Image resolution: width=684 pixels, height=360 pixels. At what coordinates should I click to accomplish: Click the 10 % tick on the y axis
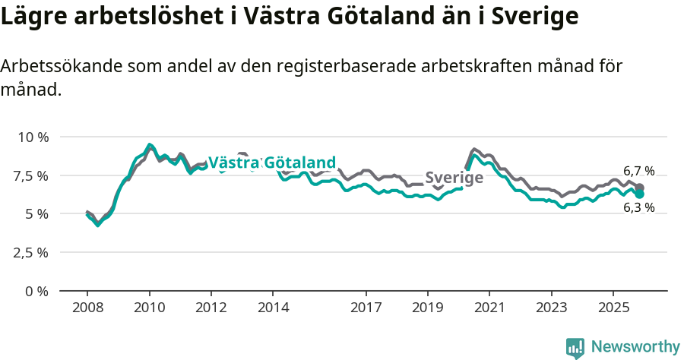tap(32, 137)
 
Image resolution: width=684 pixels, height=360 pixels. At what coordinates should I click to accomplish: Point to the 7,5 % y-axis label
tap(32, 175)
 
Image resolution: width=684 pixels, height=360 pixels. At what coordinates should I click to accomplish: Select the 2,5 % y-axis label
tap(32, 253)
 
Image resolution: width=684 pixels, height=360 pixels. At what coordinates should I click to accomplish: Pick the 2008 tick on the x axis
tap(87, 308)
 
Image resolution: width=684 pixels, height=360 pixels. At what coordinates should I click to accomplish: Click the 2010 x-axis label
tap(149, 308)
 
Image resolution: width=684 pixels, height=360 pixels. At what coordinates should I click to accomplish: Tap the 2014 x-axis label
tap(273, 308)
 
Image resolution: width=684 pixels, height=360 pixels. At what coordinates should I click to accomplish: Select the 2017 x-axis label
tap(366, 308)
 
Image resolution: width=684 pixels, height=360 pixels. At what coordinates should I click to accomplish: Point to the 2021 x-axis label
tap(489, 308)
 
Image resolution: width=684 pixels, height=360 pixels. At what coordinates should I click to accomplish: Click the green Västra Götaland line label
tap(271, 163)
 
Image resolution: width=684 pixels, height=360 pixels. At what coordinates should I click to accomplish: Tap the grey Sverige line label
tap(454, 178)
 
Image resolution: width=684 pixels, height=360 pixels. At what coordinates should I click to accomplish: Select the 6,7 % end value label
tap(638, 171)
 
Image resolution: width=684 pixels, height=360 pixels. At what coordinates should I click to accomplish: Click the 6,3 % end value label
tap(638, 207)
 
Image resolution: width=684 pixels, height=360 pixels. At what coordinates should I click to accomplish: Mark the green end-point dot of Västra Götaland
tap(640, 194)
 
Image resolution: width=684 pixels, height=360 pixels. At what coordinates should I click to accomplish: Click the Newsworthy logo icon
tap(575, 347)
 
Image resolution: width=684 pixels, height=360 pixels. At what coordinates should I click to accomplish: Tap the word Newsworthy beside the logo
tap(635, 347)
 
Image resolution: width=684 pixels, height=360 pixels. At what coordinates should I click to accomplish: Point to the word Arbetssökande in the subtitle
tap(56, 66)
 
